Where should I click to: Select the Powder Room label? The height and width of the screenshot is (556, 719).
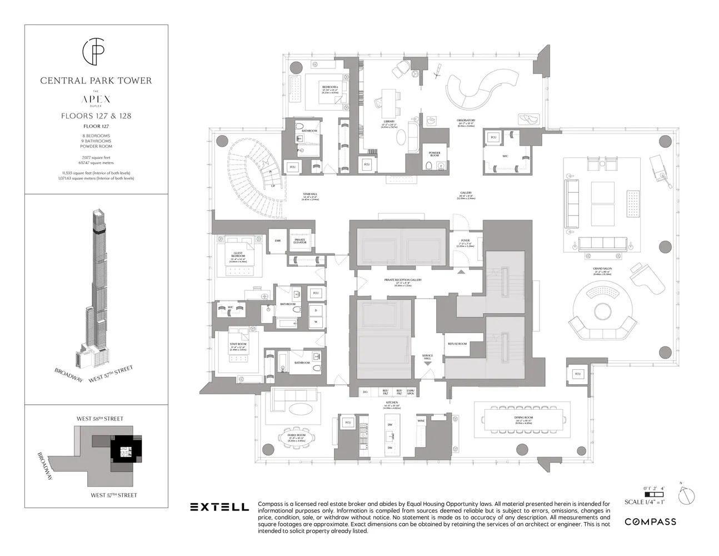tap(435, 153)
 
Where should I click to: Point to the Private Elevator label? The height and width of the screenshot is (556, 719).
tap(300, 241)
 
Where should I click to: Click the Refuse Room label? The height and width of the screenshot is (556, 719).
tap(457, 344)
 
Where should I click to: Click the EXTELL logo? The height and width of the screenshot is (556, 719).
tap(219, 507)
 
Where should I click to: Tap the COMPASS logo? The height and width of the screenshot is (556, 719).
tap(650, 522)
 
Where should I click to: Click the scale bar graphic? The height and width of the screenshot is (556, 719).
tap(653, 493)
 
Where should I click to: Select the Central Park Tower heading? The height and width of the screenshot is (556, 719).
tap(96, 81)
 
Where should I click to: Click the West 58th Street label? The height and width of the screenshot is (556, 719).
tap(100, 419)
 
